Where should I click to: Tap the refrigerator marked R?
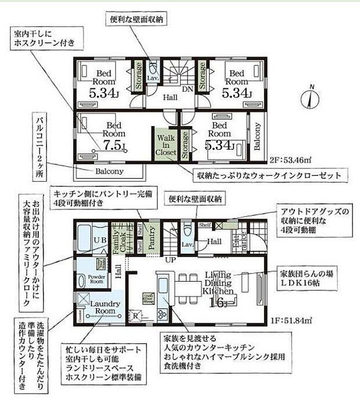click(x=136, y=316)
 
